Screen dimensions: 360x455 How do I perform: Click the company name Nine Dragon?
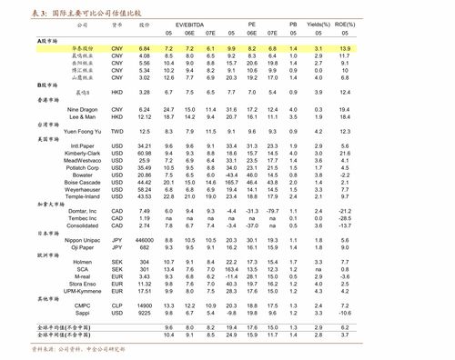pyautogui.click(x=83, y=109)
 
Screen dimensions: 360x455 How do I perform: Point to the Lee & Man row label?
pyautogui.click(x=83, y=116)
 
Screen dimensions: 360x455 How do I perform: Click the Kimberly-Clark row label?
pyautogui.click(x=83, y=154)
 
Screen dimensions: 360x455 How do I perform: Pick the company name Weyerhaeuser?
pyautogui.click(x=83, y=189)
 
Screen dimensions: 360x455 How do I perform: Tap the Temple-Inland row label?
pyautogui.click(x=83, y=196)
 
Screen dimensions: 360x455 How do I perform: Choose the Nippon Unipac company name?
pyautogui.click(x=83, y=239)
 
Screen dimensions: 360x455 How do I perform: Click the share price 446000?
pyautogui.click(x=144, y=239)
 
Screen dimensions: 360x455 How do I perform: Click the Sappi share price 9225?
pyautogui.click(x=144, y=313)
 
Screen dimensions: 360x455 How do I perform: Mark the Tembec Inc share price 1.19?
pyautogui.click(x=145, y=218)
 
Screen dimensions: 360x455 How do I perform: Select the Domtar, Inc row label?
pyautogui.click(x=83, y=211)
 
